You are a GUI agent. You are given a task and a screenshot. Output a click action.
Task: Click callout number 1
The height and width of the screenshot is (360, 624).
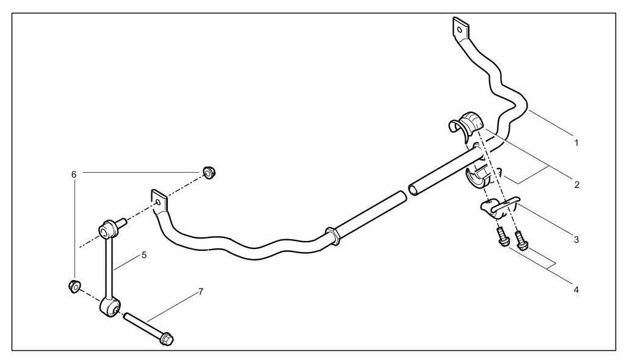(576, 143)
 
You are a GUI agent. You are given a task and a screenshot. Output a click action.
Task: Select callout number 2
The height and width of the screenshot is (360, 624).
(576, 183)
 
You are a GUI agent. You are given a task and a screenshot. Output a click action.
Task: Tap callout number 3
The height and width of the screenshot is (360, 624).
(576, 240)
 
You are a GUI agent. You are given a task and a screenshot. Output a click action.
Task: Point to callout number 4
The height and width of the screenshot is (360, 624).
(576, 289)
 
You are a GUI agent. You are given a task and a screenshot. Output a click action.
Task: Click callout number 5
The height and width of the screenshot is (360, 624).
(144, 254)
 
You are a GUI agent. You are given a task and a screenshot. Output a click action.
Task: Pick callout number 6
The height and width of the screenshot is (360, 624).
(74, 175)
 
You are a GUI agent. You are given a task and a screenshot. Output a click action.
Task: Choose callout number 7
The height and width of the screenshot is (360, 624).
(201, 292)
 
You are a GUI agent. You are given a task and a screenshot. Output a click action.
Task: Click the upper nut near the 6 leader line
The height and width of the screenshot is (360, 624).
(209, 173)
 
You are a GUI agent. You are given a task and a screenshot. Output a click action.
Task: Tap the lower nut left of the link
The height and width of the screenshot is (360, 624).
(74, 286)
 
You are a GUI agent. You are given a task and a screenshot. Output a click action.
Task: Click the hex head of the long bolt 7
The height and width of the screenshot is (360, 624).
(166, 338)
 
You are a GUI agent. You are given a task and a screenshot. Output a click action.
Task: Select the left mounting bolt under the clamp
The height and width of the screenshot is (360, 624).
(502, 239)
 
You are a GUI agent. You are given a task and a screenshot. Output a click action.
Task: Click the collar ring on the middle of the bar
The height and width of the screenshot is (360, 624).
(333, 236)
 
